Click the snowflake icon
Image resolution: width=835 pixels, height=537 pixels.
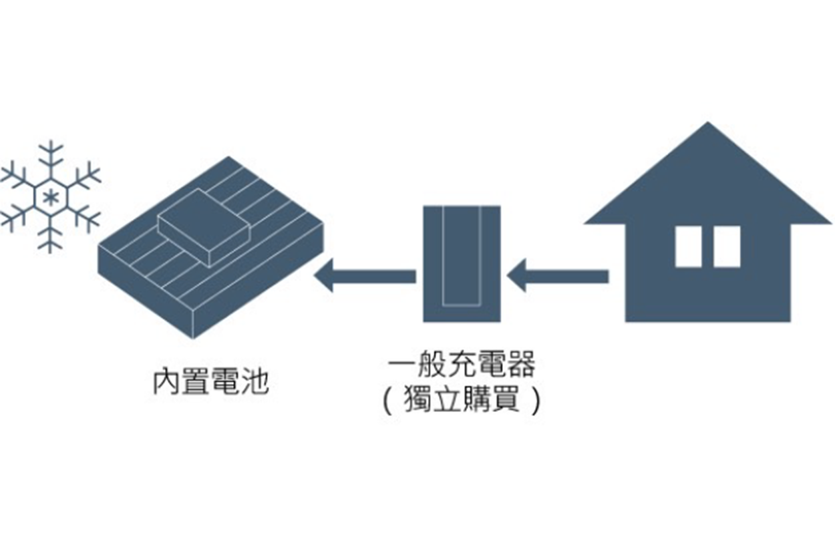point(50,198)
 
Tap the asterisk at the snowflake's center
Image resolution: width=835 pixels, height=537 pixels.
point(50,198)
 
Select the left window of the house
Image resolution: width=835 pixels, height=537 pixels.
point(688,246)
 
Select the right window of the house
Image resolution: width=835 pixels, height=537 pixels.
point(726,246)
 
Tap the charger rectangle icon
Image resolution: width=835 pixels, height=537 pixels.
point(462,264)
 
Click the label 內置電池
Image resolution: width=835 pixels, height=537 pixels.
point(210,381)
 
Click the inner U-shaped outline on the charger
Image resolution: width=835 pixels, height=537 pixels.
point(462,305)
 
